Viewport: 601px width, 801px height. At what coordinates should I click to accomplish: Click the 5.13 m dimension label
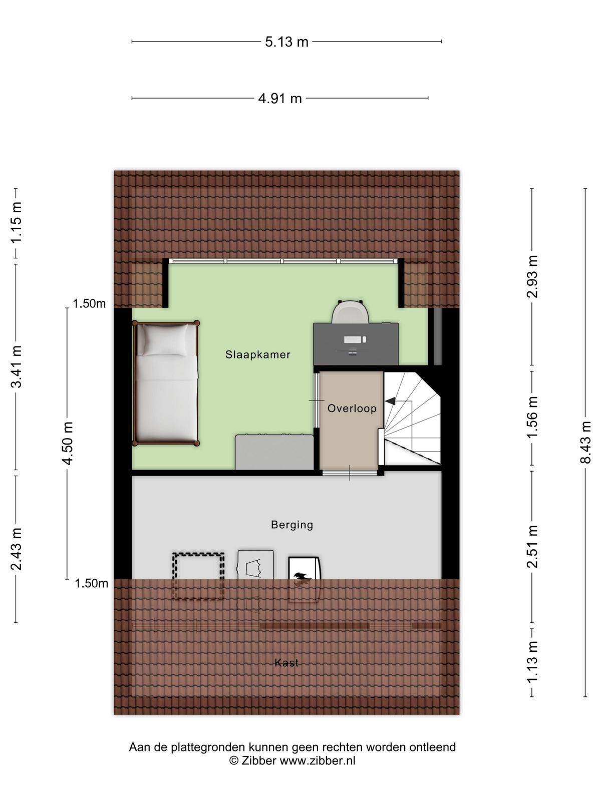286,42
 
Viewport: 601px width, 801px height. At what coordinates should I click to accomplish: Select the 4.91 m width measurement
280,99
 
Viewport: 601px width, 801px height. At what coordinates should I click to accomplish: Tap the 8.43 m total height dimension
585,442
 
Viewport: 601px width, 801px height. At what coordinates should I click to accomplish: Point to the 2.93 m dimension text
532,277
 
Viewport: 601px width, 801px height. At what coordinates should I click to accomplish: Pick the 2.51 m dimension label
532,547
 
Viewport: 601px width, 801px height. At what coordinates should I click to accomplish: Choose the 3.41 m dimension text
17,366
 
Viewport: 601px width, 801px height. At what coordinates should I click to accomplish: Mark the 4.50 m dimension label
68,443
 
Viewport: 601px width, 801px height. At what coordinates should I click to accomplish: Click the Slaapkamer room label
257,355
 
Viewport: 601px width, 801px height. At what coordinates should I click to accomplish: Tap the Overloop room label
352,409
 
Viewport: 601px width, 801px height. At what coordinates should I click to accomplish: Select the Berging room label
292,525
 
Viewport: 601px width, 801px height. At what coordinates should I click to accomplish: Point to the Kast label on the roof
286,662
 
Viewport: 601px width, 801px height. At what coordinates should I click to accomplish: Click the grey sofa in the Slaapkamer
274,452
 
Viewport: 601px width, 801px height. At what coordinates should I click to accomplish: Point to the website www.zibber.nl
318,761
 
